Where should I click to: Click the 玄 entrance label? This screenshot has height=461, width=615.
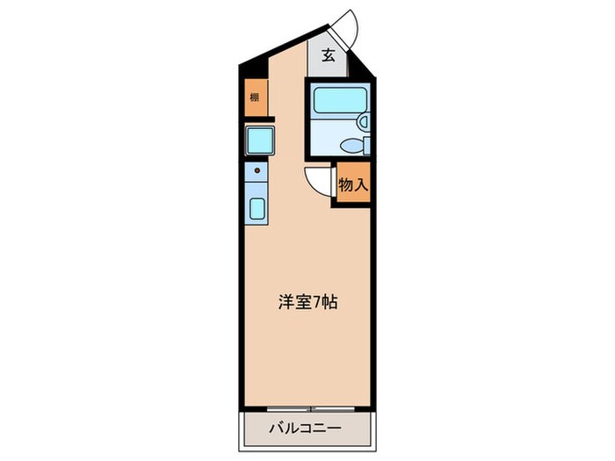pyautogui.click(x=328, y=55)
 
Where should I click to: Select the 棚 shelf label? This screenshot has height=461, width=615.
pyautogui.click(x=254, y=98)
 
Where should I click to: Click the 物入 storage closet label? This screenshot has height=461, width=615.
pyautogui.click(x=351, y=185)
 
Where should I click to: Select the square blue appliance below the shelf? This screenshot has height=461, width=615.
pyautogui.click(x=259, y=140)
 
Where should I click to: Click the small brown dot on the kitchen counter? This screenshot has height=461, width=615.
pyautogui.click(x=257, y=169)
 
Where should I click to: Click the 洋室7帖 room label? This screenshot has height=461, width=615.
pyautogui.click(x=303, y=303)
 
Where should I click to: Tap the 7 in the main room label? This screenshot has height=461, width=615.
pyautogui.click(x=317, y=303)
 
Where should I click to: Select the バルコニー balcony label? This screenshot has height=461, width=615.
pyautogui.click(x=304, y=430)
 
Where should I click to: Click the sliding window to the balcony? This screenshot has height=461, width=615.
pyautogui.click(x=313, y=409)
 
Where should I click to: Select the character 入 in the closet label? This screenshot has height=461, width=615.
pyautogui.click(x=359, y=185)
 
